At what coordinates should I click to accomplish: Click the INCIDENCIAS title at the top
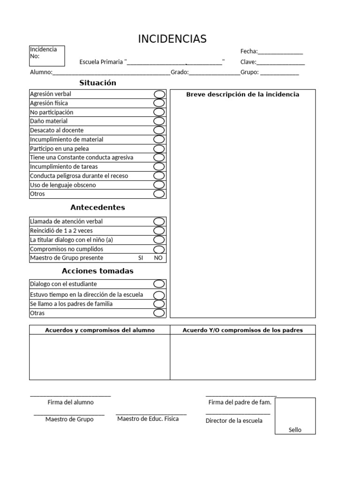[172, 39]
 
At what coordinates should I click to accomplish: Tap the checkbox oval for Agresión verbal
[159, 94]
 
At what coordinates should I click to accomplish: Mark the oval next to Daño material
[159, 121]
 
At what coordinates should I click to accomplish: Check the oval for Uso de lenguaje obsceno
[159, 185]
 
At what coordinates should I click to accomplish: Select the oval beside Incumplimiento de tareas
[159, 166]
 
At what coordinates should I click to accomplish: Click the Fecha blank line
[280, 52]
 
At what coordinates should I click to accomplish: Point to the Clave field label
[248, 62]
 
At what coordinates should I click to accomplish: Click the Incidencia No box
[47, 56]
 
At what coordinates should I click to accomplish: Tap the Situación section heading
[97, 83]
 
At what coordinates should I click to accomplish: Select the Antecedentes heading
[97, 207]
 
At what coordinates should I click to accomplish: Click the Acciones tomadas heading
[97, 271]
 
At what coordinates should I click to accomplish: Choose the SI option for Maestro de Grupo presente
[140, 258]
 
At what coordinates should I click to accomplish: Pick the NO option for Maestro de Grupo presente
[158, 258]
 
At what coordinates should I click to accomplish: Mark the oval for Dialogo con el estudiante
[159, 284]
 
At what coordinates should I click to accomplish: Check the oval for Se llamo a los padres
[159, 304]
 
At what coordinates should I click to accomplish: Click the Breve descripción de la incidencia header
[242, 94]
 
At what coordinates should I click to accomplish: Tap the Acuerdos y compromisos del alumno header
[99, 330]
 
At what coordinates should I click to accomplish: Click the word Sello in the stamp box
[295, 430]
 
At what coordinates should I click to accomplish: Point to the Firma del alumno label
[70, 402]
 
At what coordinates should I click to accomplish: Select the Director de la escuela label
[234, 420]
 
